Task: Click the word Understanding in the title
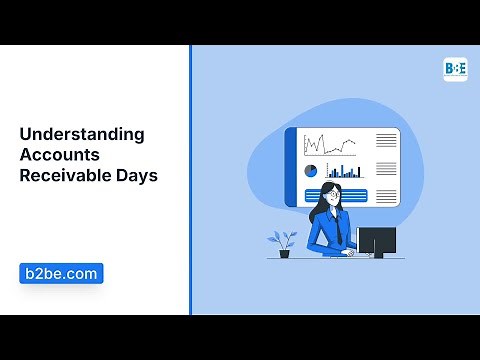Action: point(82,134)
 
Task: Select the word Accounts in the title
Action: point(58,155)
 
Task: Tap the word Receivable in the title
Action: point(68,175)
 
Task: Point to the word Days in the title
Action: point(139,175)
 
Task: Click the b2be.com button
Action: point(61,273)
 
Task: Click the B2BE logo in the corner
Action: point(455,69)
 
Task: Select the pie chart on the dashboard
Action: point(310,171)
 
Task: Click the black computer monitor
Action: point(376,240)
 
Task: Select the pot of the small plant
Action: point(284,253)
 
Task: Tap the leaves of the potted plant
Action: point(283,239)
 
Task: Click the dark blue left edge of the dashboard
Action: point(291,165)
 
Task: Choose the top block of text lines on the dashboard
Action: point(386,142)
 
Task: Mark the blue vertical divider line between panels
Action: point(190,180)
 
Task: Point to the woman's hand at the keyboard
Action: point(349,252)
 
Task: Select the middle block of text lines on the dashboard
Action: point(386,168)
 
